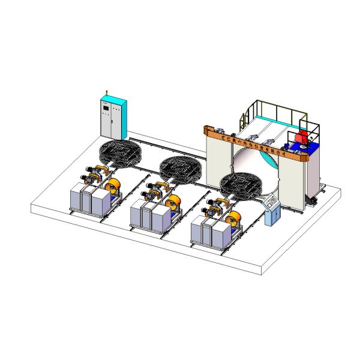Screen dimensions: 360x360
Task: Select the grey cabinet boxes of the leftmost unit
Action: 88,198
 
